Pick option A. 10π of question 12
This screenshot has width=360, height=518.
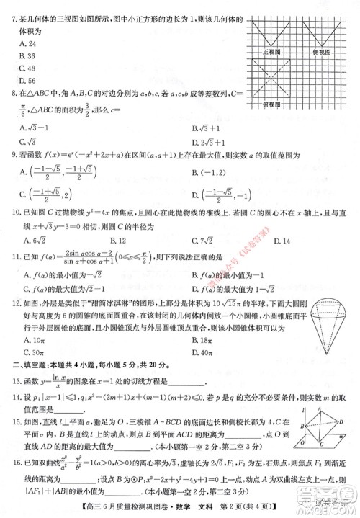(x=34, y=338)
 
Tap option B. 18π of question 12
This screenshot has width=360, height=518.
(x=204, y=338)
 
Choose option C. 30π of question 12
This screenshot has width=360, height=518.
(x=34, y=352)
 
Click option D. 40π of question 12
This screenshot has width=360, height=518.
(x=204, y=352)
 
